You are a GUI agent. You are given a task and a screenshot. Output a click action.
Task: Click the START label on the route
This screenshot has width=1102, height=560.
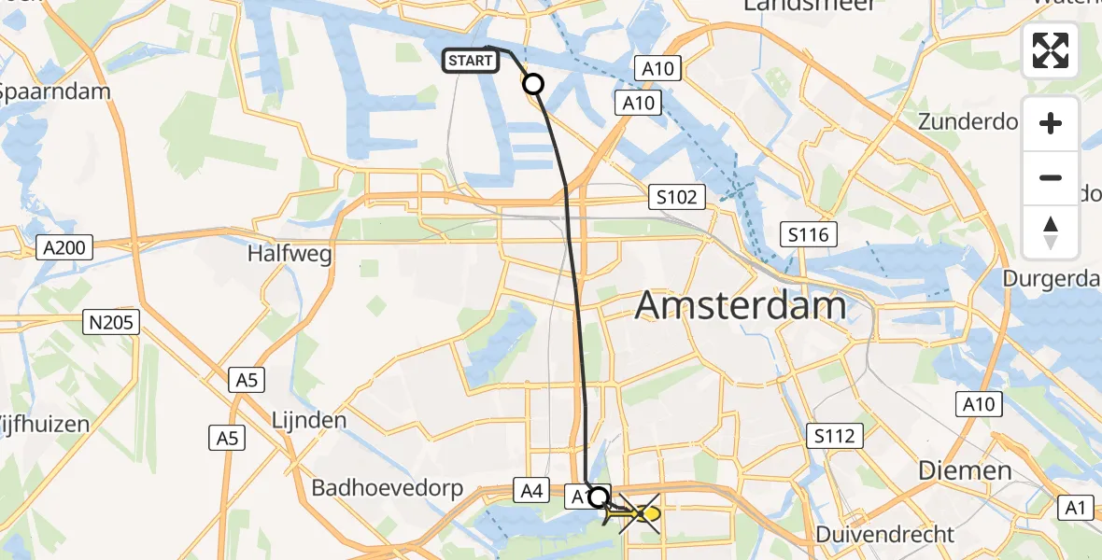click(x=470, y=62)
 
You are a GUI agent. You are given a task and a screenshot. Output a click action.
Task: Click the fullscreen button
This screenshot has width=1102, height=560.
click(x=1051, y=50)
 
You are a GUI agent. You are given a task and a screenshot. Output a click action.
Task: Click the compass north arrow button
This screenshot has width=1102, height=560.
click(x=1051, y=232)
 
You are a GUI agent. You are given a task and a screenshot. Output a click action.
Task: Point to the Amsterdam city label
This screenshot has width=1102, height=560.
click(x=741, y=305)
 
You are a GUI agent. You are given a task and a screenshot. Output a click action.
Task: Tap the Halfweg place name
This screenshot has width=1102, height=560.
click(x=290, y=253)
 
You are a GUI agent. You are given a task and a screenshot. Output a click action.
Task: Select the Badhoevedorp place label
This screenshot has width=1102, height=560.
click(x=387, y=488)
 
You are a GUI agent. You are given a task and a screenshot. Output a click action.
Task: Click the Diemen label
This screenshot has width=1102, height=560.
click(x=965, y=470)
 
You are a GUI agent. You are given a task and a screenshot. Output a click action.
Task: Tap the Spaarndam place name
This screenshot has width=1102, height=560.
click(x=54, y=91)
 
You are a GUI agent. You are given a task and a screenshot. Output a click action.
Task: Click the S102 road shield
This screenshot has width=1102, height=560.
click(x=676, y=197)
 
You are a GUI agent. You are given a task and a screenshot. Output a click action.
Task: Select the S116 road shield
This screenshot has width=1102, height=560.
click(x=808, y=234)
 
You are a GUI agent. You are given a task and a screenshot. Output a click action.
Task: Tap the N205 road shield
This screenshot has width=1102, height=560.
click(x=110, y=323)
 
